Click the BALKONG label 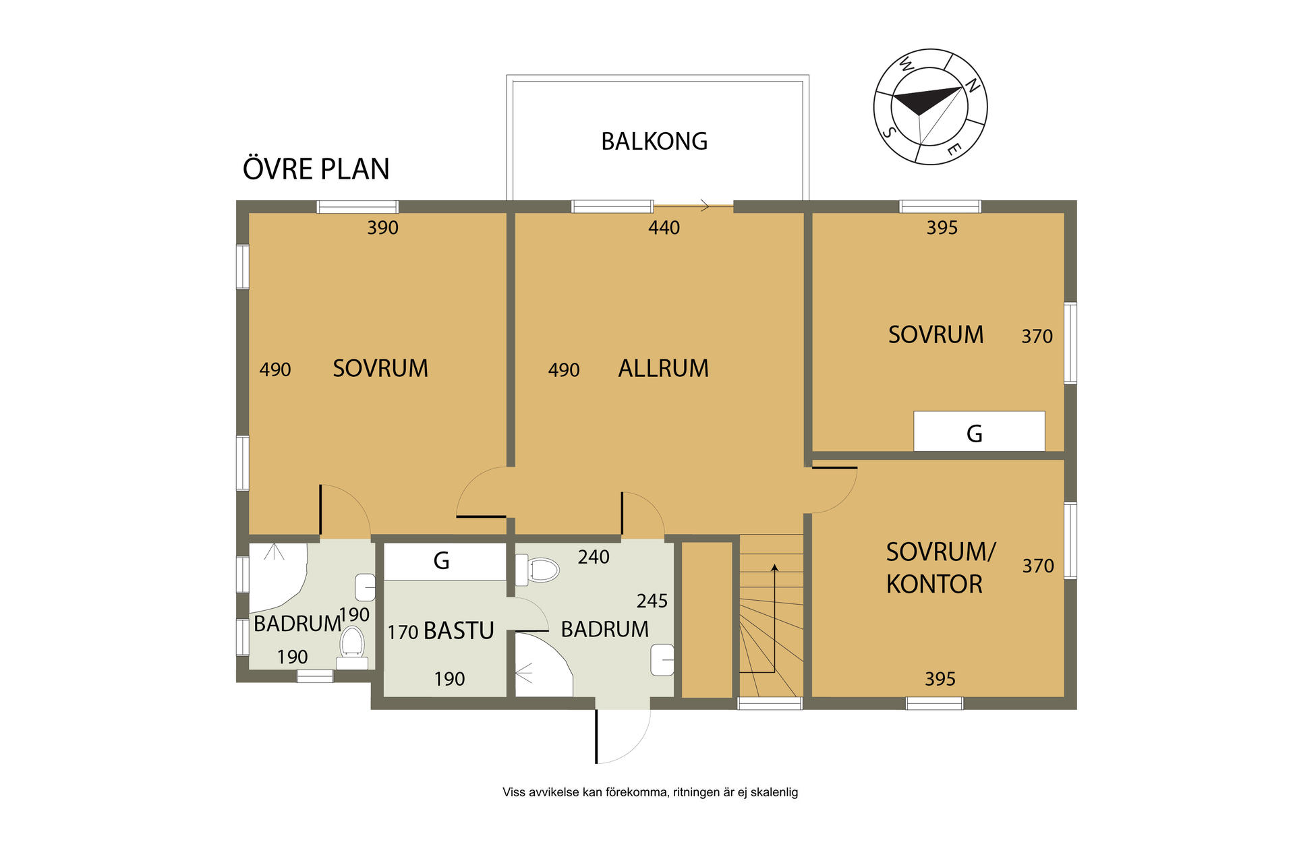[654, 142]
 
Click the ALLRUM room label [664, 369]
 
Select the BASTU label [459, 631]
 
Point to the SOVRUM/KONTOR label [940, 568]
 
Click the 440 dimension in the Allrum [664, 228]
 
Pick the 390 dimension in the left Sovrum [382, 228]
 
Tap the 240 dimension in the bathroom [594, 557]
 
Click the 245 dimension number [652, 601]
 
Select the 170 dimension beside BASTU [403, 632]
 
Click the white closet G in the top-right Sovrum [979, 431]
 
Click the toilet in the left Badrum [351, 647]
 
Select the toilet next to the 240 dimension [538, 570]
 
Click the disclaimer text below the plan [650, 792]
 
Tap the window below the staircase [770, 704]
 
